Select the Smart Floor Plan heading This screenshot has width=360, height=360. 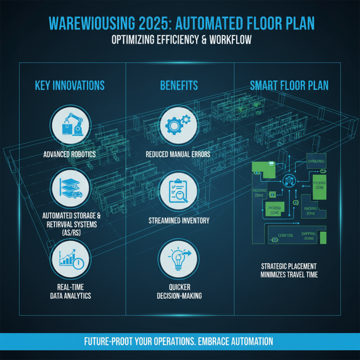pos(288,85)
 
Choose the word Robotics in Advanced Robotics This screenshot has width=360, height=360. pos(85,154)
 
